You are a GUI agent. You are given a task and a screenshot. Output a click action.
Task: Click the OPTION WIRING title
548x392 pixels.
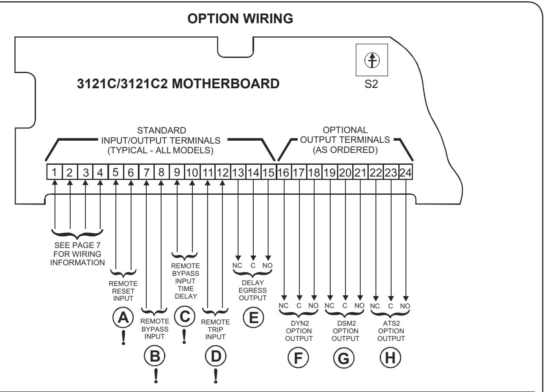pyautogui.click(x=240, y=19)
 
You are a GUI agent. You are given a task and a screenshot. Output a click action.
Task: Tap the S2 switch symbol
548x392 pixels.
pyautogui.click(x=372, y=60)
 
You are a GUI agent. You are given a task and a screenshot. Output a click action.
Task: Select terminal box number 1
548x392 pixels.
pyautogui.click(x=55, y=172)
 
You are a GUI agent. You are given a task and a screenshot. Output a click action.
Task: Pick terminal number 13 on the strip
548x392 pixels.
pyautogui.click(x=238, y=172)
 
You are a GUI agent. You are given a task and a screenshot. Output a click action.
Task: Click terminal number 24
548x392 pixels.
pyautogui.click(x=406, y=172)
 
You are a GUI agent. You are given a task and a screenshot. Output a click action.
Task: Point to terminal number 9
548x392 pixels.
pyautogui.click(x=177, y=172)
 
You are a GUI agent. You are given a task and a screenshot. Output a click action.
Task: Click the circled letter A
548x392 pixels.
pyautogui.click(x=123, y=318)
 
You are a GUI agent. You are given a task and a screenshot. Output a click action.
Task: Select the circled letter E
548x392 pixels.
pyautogui.click(x=253, y=318)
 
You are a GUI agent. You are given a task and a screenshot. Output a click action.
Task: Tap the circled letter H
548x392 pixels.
pyautogui.click(x=390, y=358)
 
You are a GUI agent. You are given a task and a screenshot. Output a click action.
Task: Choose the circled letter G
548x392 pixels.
pyautogui.click(x=344, y=358)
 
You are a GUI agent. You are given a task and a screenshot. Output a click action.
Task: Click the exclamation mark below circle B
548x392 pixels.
pyautogui.click(x=156, y=376)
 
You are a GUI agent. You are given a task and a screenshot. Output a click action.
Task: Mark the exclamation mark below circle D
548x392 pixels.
pyautogui.click(x=216, y=376)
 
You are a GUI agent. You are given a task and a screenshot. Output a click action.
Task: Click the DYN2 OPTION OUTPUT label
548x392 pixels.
pyautogui.click(x=299, y=331)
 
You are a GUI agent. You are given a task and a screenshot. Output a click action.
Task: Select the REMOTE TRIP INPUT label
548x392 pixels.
pyautogui.click(x=215, y=329)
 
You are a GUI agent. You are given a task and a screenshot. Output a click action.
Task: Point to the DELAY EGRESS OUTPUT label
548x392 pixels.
pyautogui.click(x=253, y=290)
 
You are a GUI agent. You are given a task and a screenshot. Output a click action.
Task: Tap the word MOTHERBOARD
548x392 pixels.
pyautogui.click(x=225, y=84)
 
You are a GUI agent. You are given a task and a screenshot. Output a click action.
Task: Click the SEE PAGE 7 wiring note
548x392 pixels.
pyautogui.click(x=77, y=254)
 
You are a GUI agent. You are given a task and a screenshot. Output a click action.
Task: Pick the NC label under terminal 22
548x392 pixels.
pyautogui.click(x=375, y=306)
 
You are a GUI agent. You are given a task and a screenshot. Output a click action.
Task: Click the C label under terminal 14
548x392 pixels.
pyautogui.click(x=253, y=265)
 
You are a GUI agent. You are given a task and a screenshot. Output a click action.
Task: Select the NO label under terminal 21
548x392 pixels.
pyautogui.click(x=359, y=305)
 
